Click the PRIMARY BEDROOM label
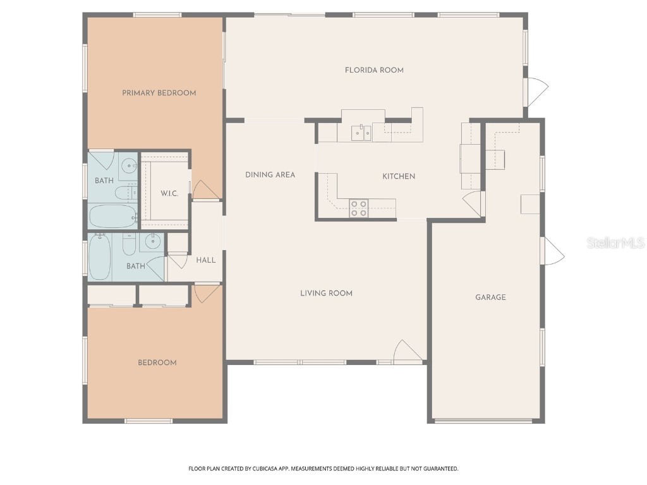click(159, 93)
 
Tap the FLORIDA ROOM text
click(374, 70)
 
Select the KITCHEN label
click(399, 176)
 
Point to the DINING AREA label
click(270, 175)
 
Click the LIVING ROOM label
click(326, 293)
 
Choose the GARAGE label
click(490, 297)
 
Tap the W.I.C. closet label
click(169, 193)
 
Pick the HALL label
click(205, 260)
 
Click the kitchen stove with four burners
click(359, 208)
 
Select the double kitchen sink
click(361, 133)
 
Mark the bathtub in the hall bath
click(99, 256)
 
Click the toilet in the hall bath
click(129, 244)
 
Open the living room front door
click(404, 351)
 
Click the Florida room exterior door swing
click(537, 92)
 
